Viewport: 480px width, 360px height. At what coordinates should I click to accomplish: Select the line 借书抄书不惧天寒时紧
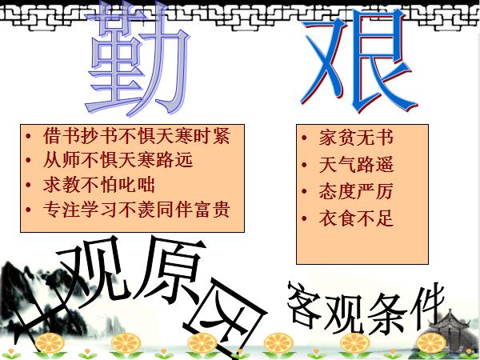(135, 136)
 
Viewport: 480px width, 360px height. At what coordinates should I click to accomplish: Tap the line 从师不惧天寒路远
(118, 160)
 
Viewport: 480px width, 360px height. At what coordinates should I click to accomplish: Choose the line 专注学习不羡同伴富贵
(136, 210)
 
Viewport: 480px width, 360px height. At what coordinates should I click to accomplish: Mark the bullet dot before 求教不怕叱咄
(30, 186)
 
